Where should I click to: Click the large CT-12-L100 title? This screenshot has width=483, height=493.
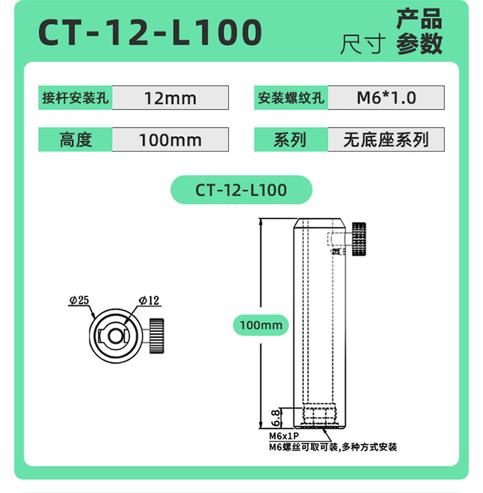150,32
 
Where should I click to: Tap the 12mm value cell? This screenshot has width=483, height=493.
170,98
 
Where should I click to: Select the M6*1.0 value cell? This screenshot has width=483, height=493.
386,97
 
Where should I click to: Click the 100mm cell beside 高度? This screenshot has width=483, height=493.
170,140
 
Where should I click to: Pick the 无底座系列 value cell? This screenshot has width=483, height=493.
386,140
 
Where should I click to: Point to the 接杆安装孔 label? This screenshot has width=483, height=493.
75,98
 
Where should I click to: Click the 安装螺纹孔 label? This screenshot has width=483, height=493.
291,97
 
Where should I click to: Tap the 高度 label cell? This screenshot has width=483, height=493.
75,140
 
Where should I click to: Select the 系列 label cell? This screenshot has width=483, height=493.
291,140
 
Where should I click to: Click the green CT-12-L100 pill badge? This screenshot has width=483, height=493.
241,190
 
